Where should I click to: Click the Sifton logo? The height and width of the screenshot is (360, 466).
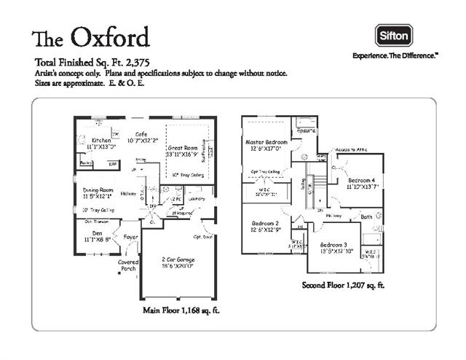tap(394, 34)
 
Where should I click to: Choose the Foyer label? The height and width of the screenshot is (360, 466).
tap(130, 238)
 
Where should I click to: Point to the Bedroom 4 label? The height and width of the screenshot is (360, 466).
tap(362, 180)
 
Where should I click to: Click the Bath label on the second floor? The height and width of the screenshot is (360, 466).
tap(366, 216)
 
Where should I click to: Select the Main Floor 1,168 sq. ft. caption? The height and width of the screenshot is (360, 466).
tap(181, 310)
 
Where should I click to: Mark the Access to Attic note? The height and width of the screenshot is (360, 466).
tap(351, 150)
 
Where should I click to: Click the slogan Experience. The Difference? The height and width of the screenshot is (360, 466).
tap(395, 55)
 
